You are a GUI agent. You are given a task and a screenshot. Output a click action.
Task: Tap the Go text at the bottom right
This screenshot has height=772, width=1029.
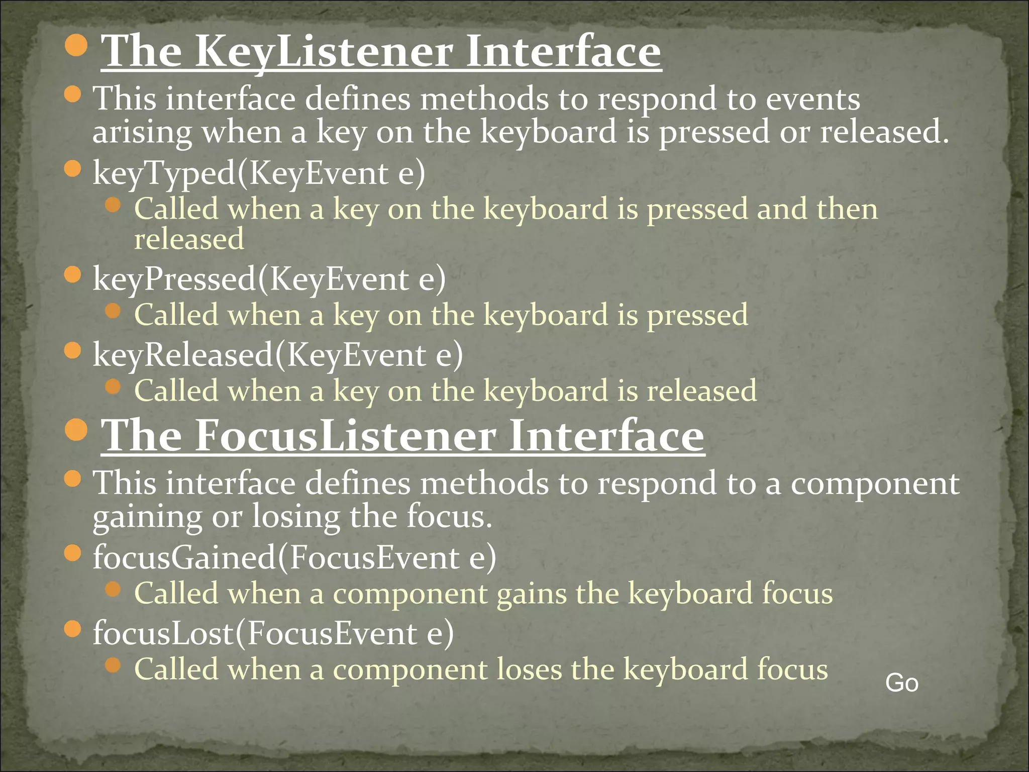click(x=902, y=683)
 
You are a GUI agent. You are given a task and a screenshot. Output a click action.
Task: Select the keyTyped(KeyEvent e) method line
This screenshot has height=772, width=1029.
click(x=259, y=173)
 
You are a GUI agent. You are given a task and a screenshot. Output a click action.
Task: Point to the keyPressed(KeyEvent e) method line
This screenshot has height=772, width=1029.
click(x=269, y=279)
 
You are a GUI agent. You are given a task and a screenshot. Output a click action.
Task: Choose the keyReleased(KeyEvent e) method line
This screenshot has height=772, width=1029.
click(x=278, y=355)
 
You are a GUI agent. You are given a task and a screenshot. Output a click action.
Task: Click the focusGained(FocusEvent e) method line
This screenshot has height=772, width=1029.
click(x=294, y=558)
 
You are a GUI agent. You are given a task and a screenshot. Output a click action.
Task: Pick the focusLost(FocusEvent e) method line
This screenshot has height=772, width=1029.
click(x=273, y=633)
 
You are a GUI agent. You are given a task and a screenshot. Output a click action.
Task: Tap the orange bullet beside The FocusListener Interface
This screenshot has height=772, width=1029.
click(x=76, y=429)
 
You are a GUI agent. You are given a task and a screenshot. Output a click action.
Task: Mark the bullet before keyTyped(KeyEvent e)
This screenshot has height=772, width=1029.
click(x=73, y=169)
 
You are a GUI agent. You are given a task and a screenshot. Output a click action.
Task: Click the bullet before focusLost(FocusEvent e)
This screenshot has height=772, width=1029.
click(x=73, y=629)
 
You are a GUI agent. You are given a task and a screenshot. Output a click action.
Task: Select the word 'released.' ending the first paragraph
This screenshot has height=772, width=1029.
click(x=884, y=132)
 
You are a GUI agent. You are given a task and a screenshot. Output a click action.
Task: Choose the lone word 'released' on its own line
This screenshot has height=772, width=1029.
click(x=189, y=239)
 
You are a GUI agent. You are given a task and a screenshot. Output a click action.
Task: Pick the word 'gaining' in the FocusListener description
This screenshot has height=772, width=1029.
click(x=147, y=518)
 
